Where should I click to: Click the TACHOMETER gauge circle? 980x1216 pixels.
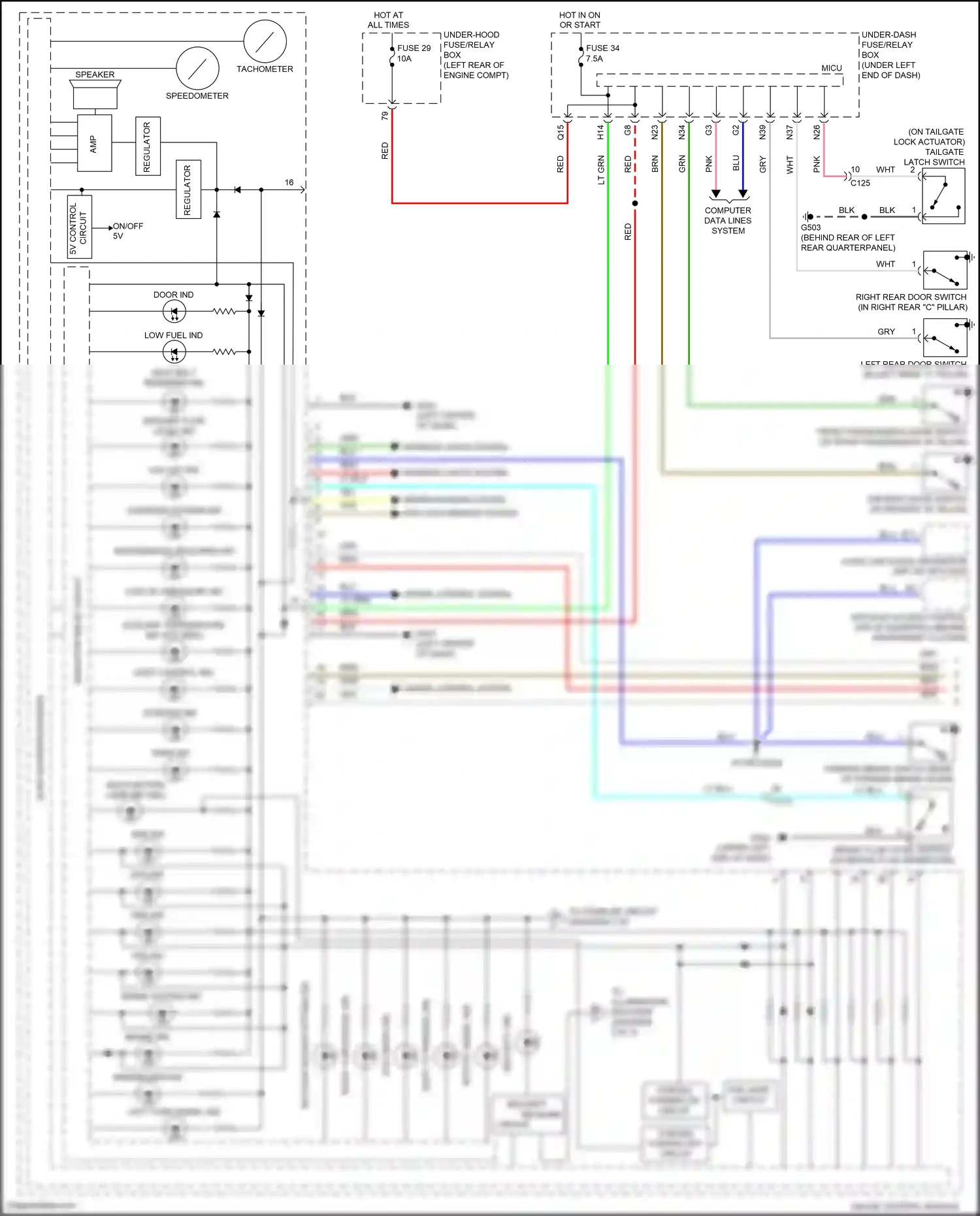click(265, 41)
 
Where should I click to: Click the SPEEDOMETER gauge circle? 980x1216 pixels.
click(197, 68)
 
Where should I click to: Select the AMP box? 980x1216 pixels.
click(94, 143)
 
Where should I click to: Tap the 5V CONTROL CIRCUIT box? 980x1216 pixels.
click(79, 227)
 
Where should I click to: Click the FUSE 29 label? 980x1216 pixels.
click(414, 48)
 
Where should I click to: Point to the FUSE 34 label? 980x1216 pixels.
click(602, 48)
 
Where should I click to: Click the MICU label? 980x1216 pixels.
click(831, 68)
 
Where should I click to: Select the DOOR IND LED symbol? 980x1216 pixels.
click(174, 312)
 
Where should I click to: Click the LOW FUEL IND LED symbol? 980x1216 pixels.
click(174, 352)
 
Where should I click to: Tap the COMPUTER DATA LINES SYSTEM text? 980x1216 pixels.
click(728, 220)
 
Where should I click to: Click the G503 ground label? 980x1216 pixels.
click(811, 227)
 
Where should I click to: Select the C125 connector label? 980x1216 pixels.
click(860, 183)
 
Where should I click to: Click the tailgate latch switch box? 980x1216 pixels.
click(943, 196)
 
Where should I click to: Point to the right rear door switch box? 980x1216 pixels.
click(945, 271)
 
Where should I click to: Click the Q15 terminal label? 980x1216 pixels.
click(560, 133)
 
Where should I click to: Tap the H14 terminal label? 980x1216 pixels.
click(600, 133)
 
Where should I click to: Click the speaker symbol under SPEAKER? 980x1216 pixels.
click(95, 95)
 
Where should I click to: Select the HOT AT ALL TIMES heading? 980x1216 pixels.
click(388, 20)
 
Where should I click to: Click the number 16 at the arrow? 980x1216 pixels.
click(289, 182)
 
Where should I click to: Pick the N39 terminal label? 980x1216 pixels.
click(762, 133)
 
